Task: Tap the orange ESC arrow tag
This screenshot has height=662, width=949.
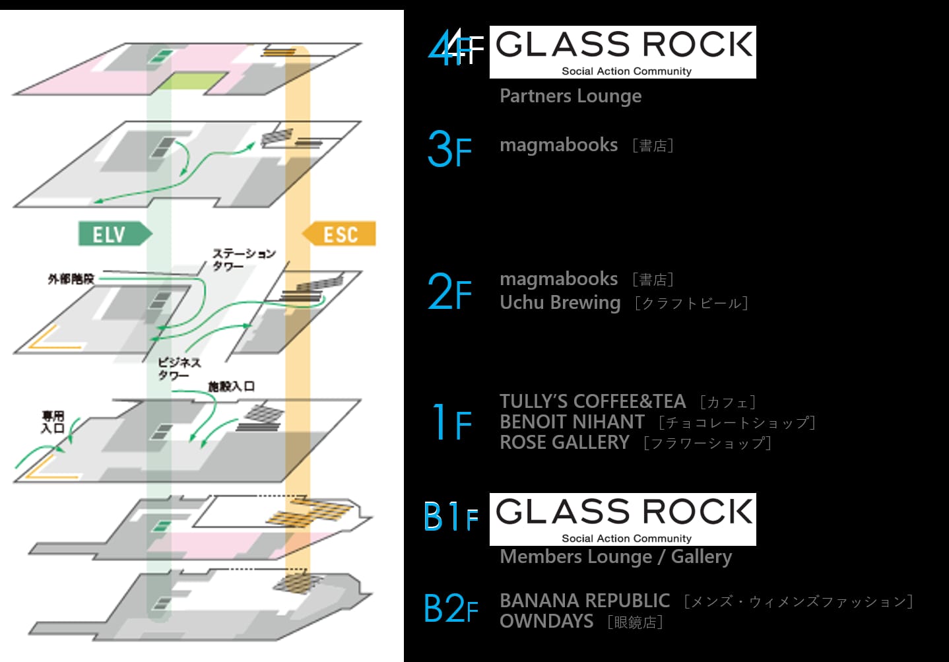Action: point(339,234)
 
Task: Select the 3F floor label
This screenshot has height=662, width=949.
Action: point(449,149)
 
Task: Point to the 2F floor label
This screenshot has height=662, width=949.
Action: point(449,291)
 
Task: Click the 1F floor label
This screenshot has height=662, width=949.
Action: point(451,421)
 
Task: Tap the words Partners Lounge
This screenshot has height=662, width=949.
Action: point(571,96)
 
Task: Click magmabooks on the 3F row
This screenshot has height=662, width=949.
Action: point(559,145)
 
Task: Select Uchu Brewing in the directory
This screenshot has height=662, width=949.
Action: point(560,302)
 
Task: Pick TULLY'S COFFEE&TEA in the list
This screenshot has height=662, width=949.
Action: point(593,401)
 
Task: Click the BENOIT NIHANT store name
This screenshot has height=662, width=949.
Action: point(572,422)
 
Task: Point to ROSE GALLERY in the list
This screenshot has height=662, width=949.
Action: point(565,442)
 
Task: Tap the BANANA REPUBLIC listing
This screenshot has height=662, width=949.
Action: point(585,601)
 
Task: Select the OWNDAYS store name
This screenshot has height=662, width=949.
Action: point(546,621)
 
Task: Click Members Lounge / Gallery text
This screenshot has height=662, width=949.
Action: point(616,557)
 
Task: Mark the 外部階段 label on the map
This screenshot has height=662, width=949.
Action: point(71,279)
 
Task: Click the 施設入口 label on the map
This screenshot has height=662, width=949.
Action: point(232,386)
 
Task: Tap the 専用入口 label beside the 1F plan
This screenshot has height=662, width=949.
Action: point(53,422)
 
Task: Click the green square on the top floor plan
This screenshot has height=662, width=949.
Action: point(193,81)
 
